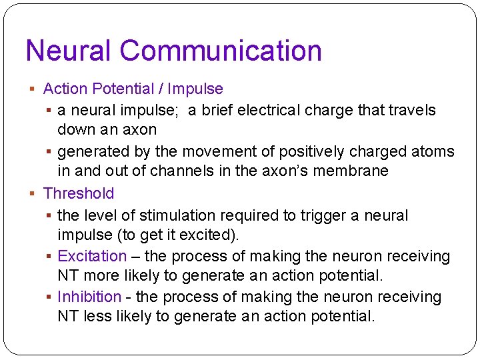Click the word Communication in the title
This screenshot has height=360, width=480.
pyautogui.click(x=221, y=51)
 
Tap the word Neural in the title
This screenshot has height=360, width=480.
pyautogui.click(x=69, y=51)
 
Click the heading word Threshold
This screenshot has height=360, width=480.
pyautogui.click(x=79, y=193)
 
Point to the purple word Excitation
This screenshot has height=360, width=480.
pyautogui.click(x=92, y=256)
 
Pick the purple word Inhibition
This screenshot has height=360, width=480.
pyautogui.click(x=89, y=297)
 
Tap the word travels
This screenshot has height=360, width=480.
pyautogui.click(x=413, y=110)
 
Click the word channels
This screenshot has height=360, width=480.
pyautogui.click(x=177, y=171)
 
